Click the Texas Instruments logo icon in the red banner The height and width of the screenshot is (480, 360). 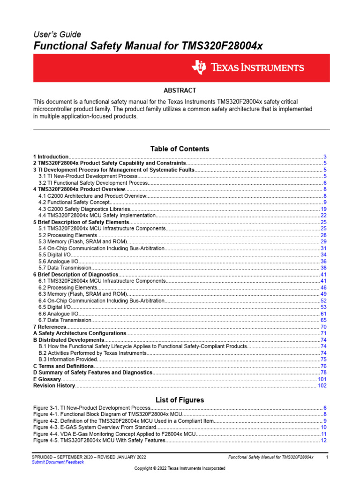point(198,68)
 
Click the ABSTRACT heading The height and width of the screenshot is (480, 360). point(180,90)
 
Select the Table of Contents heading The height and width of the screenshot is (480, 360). point(180,149)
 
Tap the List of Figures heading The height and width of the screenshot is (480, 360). point(180,400)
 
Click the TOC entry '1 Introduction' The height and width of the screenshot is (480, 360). point(51,157)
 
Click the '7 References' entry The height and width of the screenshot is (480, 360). point(50,326)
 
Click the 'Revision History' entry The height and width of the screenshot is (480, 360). point(54,385)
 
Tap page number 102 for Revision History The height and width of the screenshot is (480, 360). point(322,385)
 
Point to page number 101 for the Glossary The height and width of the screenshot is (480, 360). point(322,379)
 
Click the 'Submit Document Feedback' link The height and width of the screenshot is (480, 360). point(58,462)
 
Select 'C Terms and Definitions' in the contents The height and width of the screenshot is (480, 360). point(63,366)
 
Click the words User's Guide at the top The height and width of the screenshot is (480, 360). point(57,34)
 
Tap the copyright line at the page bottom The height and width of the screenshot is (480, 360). point(180,468)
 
